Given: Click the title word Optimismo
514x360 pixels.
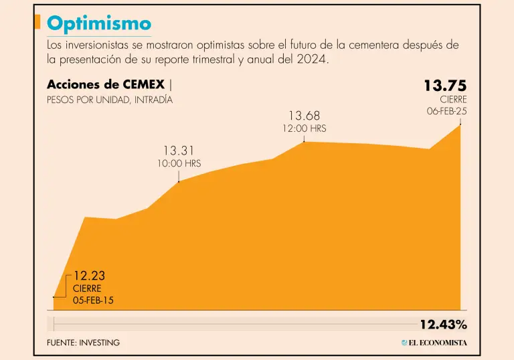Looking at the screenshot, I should (x=99, y=23).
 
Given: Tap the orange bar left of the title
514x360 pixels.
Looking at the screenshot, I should (x=37, y=23).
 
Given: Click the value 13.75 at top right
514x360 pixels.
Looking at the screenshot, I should (x=445, y=86).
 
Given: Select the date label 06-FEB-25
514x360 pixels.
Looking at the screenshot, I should (x=447, y=111).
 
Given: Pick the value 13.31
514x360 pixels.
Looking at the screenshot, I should (x=179, y=151).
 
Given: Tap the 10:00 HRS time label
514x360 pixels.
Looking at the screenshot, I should (x=179, y=163).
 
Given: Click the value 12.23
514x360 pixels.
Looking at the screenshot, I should (x=89, y=276).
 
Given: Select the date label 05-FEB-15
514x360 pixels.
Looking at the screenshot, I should (x=93, y=300).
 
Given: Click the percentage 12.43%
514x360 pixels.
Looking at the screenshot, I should (x=443, y=325).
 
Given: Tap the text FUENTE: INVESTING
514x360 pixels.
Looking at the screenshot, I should (x=83, y=343).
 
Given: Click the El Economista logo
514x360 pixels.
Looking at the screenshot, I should (x=434, y=343).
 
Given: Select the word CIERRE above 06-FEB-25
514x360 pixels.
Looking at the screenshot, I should (x=453, y=100).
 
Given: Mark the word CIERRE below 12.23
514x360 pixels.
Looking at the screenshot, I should (x=87, y=288).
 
